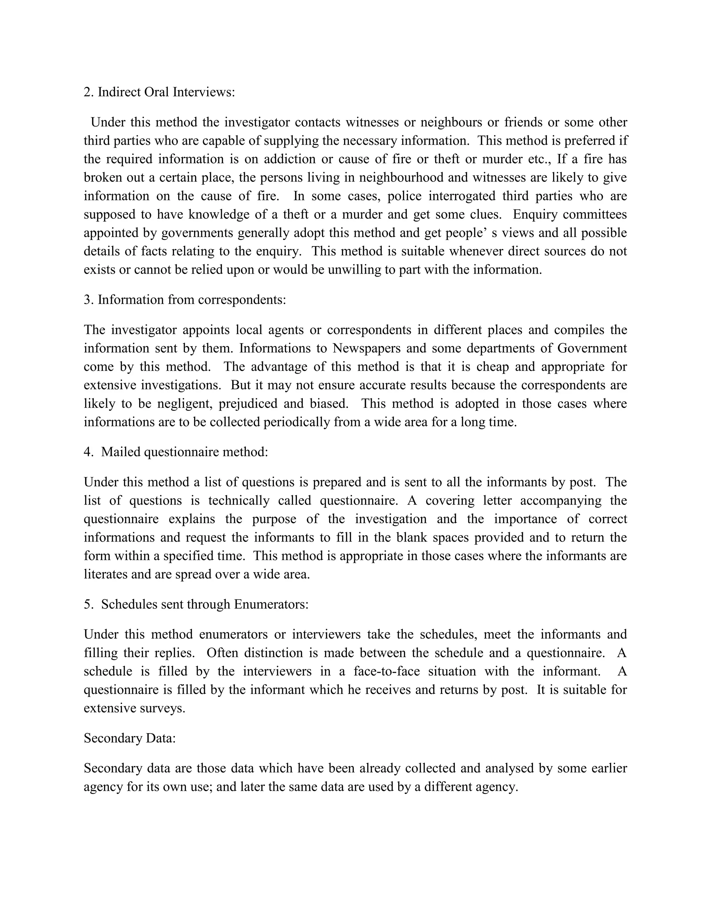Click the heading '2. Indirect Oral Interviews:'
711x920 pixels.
[159, 92]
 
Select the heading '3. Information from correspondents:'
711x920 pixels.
[185, 300]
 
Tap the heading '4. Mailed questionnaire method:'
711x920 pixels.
[176, 452]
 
